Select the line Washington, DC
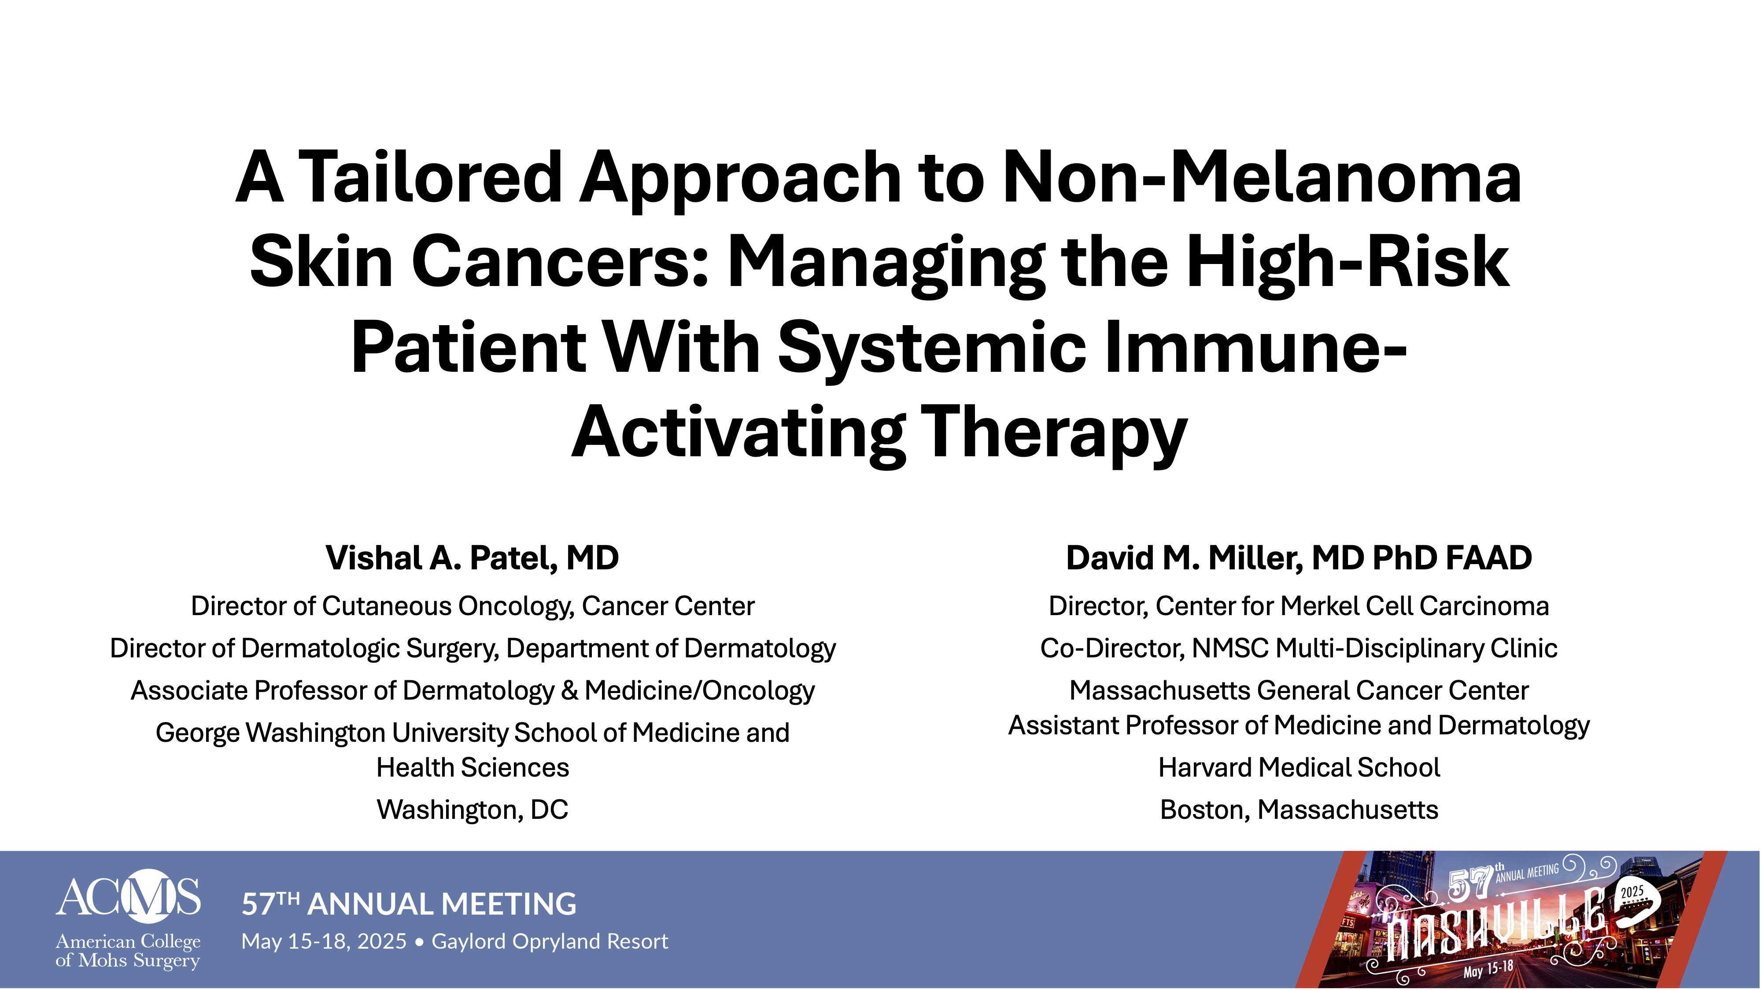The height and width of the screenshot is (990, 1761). pyautogui.click(x=473, y=810)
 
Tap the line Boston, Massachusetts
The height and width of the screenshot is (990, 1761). pyautogui.click(x=1299, y=810)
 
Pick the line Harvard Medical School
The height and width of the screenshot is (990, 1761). pyautogui.click(x=1299, y=767)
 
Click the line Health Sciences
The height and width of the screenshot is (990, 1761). pyautogui.click(x=473, y=767)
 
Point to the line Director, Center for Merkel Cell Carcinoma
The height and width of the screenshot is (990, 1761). pyautogui.click(x=1299, y=606)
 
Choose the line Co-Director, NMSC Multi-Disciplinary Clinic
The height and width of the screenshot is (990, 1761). pyautogui.click(x=1299, y=649)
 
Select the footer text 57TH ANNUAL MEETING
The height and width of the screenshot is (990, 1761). pyautogui.click(x=409, y=904)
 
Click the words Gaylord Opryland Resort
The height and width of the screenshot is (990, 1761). pyautogui.click(x=550, y=942)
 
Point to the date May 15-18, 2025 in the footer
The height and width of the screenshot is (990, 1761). pyautogui.click(x=324, y=942)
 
